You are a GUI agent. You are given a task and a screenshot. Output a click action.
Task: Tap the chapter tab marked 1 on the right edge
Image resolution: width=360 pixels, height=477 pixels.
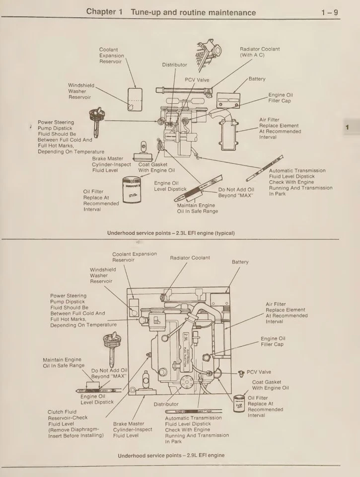348,128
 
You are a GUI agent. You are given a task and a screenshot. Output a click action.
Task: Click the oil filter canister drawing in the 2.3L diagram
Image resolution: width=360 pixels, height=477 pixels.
132,191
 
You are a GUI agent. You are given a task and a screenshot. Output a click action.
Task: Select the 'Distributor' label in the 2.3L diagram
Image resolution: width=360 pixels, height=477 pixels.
175,65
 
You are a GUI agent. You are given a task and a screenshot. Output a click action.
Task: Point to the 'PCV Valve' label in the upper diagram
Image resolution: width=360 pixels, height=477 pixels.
197,79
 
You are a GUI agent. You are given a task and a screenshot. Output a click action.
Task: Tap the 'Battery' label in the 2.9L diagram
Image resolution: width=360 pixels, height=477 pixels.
240,262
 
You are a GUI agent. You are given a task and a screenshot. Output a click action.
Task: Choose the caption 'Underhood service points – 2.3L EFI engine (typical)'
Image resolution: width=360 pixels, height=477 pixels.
171,233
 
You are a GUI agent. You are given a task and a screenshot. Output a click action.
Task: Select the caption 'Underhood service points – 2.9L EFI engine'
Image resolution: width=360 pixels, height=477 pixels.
171,455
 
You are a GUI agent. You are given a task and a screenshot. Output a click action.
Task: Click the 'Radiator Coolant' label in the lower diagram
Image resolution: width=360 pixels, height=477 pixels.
190,258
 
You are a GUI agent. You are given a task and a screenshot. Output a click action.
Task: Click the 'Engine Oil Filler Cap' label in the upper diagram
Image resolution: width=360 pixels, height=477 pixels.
281,98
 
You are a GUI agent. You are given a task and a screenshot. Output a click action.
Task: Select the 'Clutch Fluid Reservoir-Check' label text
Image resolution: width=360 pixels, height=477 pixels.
68,415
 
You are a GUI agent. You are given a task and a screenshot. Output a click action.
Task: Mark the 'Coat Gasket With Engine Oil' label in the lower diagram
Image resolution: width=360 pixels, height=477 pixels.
270,385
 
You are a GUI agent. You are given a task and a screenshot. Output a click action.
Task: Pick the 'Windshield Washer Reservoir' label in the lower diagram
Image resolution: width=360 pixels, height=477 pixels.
103,275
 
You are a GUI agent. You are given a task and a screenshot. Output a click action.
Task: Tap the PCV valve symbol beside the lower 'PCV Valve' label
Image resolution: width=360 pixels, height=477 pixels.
242,373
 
